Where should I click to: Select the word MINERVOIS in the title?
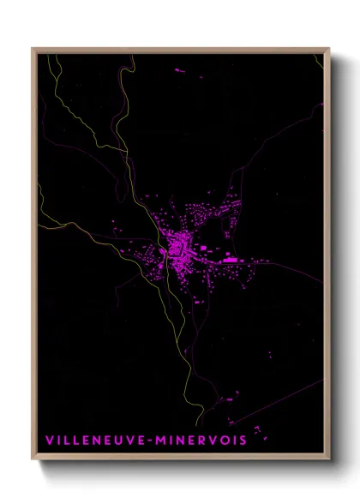click(x=201, y=441)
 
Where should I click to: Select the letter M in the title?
click(x=161, y=441)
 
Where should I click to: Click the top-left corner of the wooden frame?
click(x=33, y=49)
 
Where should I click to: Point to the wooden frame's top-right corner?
click(x=329, y=49)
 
